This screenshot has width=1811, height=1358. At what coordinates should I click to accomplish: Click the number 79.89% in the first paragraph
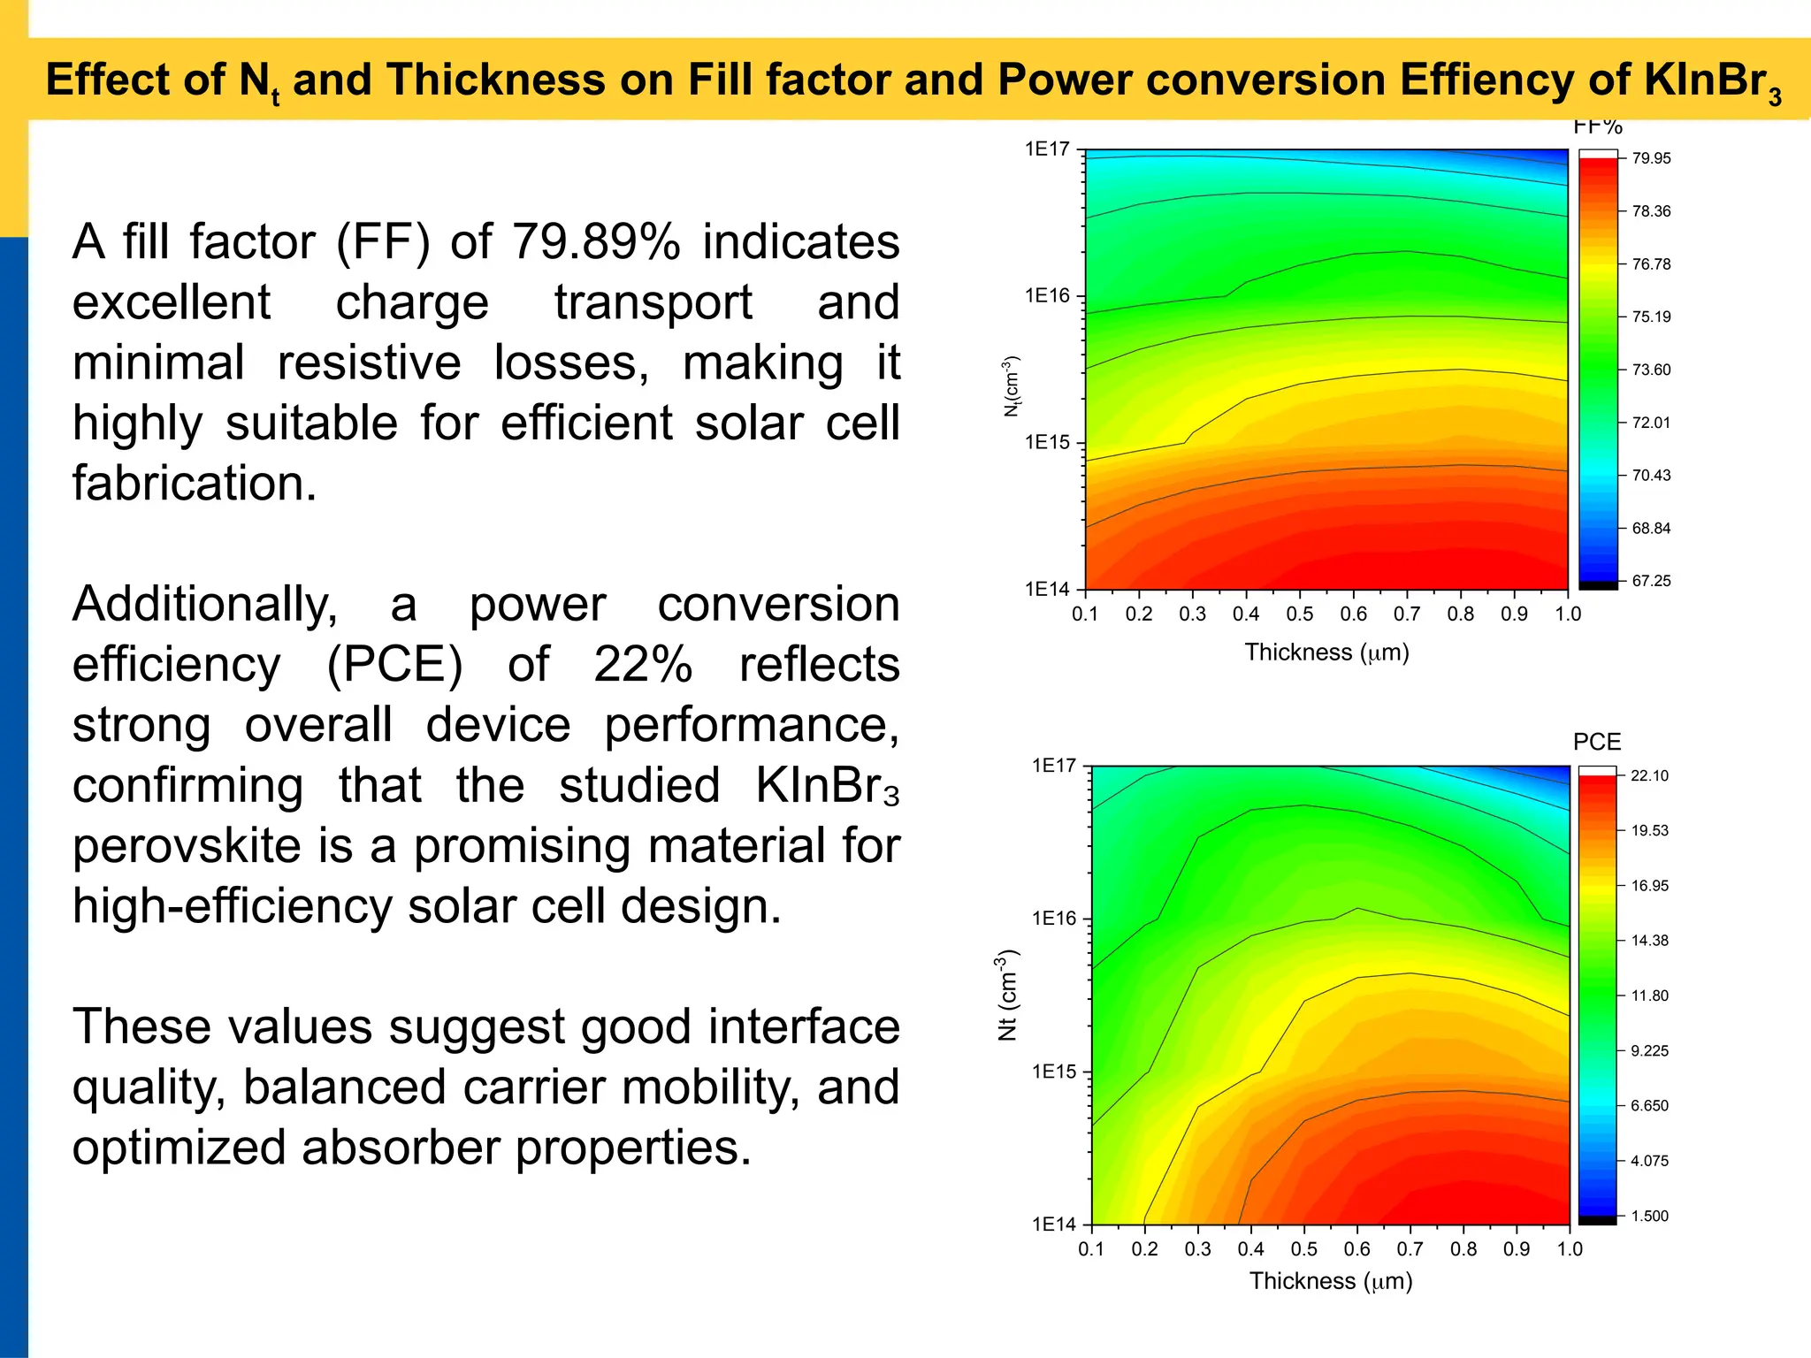(596, 242)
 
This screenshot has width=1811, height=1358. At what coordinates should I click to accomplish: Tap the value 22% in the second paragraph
(643, 665)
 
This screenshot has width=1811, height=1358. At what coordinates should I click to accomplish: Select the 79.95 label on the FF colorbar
(1651, 159)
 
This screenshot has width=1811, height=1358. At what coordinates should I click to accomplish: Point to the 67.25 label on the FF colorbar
(1651, 581)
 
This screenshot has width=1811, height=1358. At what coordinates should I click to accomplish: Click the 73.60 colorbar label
(1651, 370)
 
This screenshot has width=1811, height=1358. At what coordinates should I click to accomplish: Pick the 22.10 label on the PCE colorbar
(1649, 776)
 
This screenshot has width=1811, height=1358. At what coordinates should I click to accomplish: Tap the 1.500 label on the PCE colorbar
(1649, 1217)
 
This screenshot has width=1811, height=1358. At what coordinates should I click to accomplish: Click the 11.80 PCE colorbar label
(1649, 996)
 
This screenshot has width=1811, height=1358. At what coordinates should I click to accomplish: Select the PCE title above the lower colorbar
(1596, 743)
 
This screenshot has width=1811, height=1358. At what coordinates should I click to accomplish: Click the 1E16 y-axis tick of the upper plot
(1047, 296)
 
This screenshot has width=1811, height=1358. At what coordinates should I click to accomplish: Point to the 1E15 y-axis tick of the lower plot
(1054, 1072)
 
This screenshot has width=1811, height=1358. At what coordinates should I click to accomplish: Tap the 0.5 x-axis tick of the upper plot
(1299, 614)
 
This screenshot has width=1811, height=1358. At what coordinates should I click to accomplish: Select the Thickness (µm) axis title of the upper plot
(1326, 652)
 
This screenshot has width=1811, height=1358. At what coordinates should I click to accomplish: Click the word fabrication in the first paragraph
(194, 484)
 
